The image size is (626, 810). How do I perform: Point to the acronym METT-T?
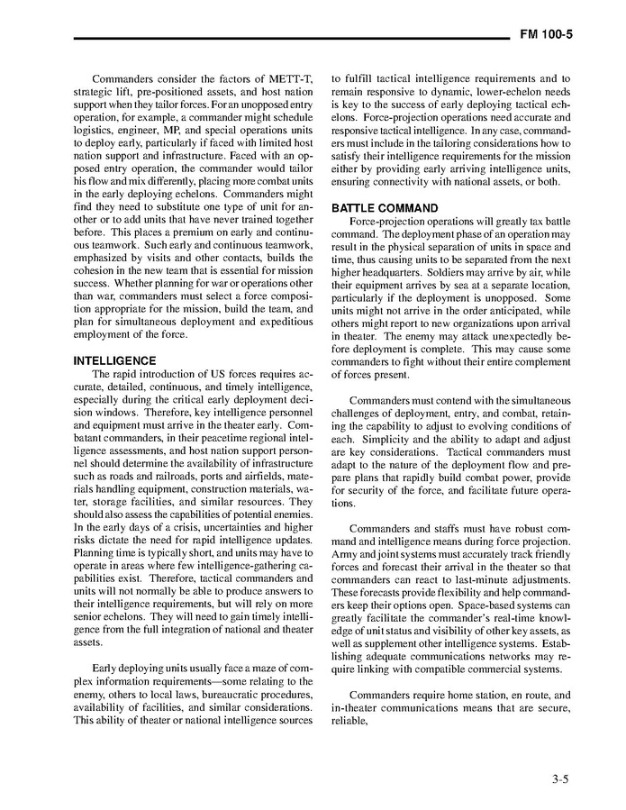(289, 79)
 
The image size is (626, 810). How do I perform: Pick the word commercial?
(503, 669)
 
